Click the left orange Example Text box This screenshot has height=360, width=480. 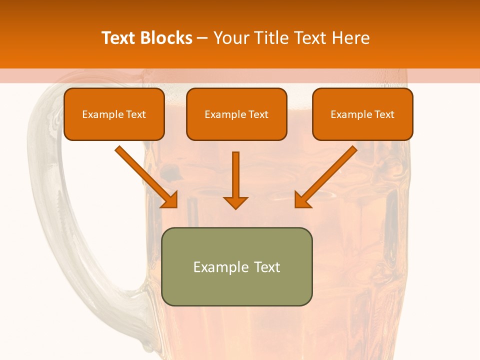[x=114, y=114]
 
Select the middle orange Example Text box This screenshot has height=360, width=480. [x=236, y=114]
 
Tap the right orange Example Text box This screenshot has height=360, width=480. [x=362, y=114]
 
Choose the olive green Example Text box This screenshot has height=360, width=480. [x=236, y=266]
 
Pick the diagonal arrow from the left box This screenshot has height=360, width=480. [x=145, y=175]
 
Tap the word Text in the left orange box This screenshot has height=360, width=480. [x=136, y=114]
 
